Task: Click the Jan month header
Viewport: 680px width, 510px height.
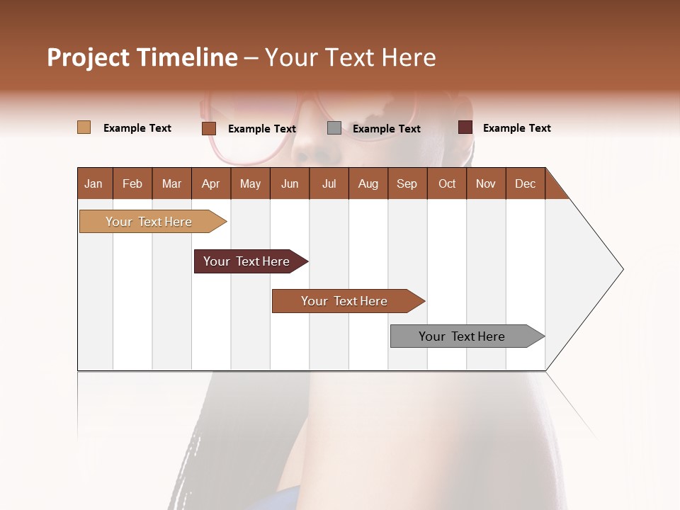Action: [x=93, y=183]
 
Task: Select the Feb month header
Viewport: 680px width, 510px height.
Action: [x=132, y=183]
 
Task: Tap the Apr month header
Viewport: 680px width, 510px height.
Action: [x=210, y=183]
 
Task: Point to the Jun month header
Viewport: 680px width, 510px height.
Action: [x=290, y=183]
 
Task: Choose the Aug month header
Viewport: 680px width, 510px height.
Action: [x=368, y=183]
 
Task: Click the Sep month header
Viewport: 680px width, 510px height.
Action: [x=407, y=183]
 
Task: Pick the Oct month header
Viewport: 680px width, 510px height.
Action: [x=447, y=183]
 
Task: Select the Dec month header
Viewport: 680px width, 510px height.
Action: [x=525, y=183]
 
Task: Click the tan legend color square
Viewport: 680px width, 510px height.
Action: [x=84, y=127]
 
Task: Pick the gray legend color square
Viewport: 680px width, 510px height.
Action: [x=334, y=128]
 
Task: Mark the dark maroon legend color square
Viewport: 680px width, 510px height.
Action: [x=465, y=127]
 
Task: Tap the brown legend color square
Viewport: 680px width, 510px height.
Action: [x=208, y=128]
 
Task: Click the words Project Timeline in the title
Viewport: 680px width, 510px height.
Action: [x=142, y=57]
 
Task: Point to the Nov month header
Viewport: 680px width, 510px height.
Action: [x=486, y=183]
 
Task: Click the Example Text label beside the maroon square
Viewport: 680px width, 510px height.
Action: [x=516, y=128]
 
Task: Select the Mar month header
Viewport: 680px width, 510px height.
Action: [x=171, y=183]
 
